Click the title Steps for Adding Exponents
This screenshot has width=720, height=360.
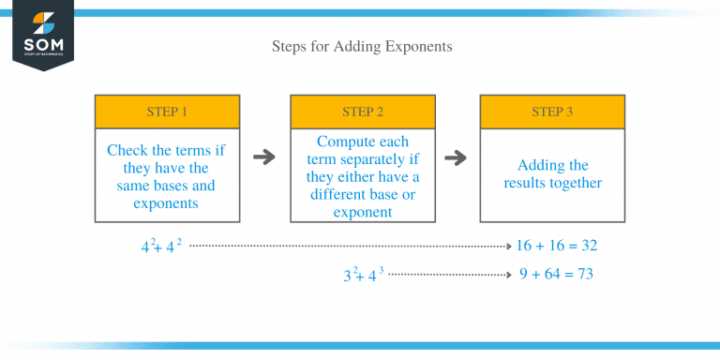click(x=361, y=45)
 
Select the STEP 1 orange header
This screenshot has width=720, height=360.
click(x=167, y=112)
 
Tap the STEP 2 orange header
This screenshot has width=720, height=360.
click(x=362, y=112)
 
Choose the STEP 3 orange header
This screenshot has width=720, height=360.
click(x=552, y=112)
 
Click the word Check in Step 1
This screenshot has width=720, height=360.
click(x=127, y=150)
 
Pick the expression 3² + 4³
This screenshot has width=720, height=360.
click(x=363, y=276)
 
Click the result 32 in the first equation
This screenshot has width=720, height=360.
click(x=588, y=246)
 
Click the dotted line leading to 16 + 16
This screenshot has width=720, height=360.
click(x=347, y=246)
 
